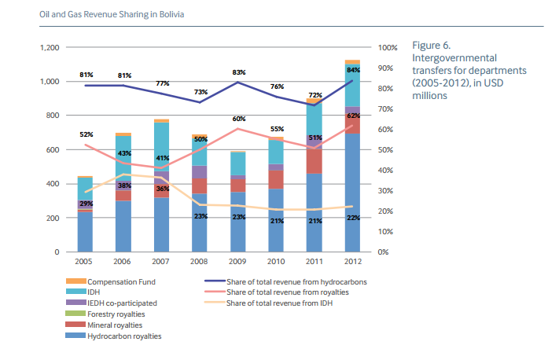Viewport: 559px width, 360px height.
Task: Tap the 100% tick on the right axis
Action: [x=388, y=48]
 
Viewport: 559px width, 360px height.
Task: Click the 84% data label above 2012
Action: [x=353, y=70]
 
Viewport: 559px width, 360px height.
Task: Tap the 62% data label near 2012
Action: [x=353, y=116]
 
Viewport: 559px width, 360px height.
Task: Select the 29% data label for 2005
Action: [x=86, y=204]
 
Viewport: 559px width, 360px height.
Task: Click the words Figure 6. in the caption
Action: [x=431, y=46]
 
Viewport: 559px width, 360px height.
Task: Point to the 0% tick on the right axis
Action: [x=384, y=252]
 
